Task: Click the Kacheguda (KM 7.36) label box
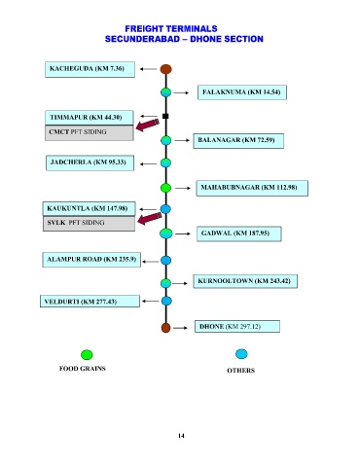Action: pyautogui.click(x=90, y=69)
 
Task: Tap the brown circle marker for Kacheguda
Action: pyautogui.click(x=165, y=69)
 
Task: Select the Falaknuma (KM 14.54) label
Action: pyautogui.click(x=242, y=92)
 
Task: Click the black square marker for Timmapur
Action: pyautogui.click(x=165, y=116)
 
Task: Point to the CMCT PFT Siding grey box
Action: pyautogui.click(x=90, y=132)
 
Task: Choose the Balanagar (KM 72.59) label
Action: pyautogui.click(x=238, y=140)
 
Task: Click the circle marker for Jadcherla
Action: pyautogui.click(x=165, y=162)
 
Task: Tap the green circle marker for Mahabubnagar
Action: pyautogui.click(x=165, y=188)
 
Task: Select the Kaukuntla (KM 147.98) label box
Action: pyautogui.click(x=89, y=208)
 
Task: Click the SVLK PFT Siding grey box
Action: pyautogui.click(x=89, y=224)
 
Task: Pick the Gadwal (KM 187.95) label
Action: pyautogui.click(x=239, y=233)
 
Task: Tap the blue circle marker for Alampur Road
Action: pyautogui.click(x=165, y=260)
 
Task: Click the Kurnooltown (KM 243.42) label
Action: pyautogui.click(x=245, y=281)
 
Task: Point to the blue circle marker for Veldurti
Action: pyautogui.click(x=166, y=301)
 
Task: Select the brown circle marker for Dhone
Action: pyautogui.click(x=165, y=328)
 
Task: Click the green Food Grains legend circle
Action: pyautogui.click(x=87, y=355)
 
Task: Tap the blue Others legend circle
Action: pyautogui.click(x=241, y=354)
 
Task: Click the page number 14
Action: pyautogui.click(x=181, y=436)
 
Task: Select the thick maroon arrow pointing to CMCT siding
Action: pyautogui.click(x=148, y=125)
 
